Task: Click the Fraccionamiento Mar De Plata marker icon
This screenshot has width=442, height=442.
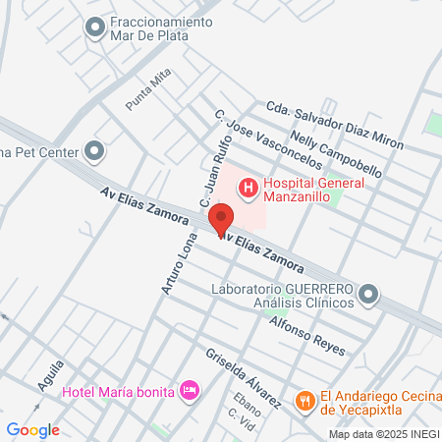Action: pyautogui.click(x=95, y=28)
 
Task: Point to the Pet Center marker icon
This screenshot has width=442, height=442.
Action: pyautogui.click(x=94, y=151)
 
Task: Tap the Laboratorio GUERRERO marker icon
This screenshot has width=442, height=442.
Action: pyautogui.click(x=368, y=294)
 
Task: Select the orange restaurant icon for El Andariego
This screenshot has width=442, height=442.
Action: pyautogui.click(x=305, y=400)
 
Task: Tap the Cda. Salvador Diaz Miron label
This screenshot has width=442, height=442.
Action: pyautogui.click(x=334, y=125)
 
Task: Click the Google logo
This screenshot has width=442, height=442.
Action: pyautogui.click(x=32, y=429)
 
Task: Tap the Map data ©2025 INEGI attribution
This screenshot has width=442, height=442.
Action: pyautogui.click(x=382, y=434)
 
